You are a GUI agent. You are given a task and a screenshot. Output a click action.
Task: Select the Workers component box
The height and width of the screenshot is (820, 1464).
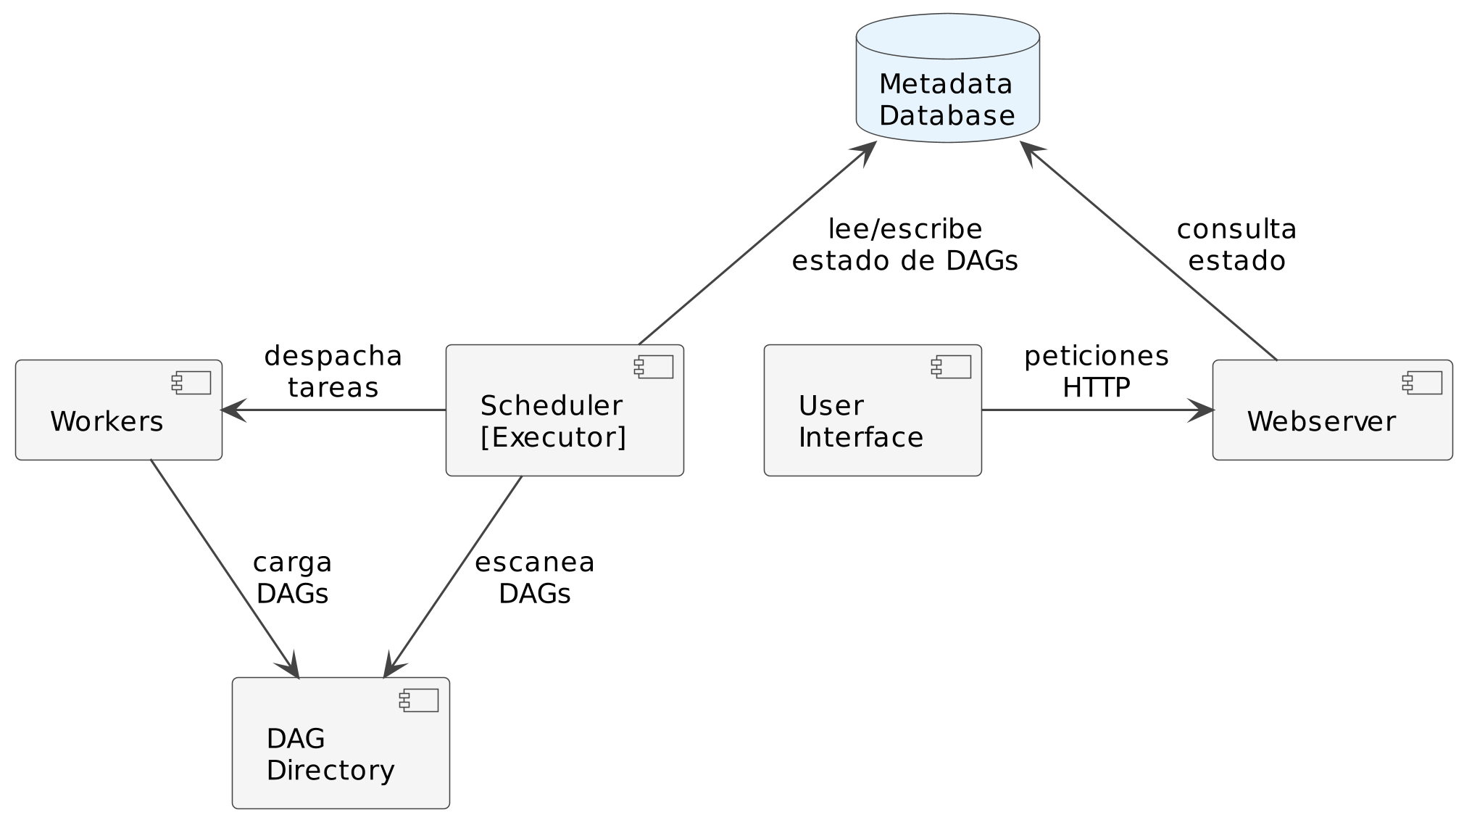118,410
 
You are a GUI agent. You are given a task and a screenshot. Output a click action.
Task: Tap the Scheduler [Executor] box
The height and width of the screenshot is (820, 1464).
564,410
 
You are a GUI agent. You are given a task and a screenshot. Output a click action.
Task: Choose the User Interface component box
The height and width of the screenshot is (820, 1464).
872,410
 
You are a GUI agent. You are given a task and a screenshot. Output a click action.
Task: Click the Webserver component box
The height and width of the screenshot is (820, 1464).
1331,410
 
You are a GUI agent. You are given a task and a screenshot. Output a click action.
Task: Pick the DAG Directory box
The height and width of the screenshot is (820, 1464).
340,743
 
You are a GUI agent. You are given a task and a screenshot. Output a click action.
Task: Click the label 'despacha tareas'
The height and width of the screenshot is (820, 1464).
333,372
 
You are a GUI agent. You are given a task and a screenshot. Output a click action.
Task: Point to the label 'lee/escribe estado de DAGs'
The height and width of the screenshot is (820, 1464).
904,245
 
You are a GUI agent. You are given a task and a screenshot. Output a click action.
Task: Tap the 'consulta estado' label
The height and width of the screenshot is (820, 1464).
1236,245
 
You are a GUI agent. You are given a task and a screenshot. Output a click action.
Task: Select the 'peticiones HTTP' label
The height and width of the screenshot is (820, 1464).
1096,372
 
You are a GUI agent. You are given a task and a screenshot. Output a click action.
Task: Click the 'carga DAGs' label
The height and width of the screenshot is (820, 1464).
292,578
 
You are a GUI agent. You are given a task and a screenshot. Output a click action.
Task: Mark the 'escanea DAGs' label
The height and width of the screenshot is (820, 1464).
534,578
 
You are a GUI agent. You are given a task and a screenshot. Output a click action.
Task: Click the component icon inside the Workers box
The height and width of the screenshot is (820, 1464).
191,383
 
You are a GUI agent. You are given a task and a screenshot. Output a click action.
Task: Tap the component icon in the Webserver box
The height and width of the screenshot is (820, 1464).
1422,383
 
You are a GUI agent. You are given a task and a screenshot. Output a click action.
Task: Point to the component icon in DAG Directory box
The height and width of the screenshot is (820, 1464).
419,700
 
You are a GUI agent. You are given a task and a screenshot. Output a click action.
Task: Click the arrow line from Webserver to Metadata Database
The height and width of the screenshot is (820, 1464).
1152,254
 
